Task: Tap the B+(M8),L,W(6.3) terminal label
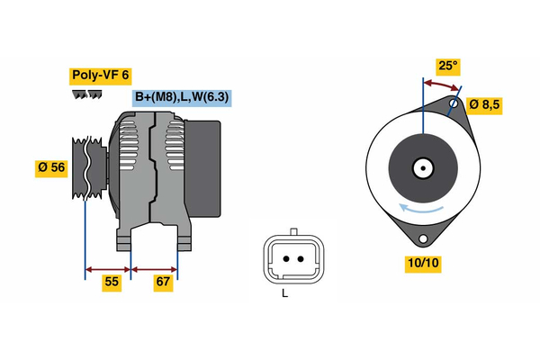tap(182, 97)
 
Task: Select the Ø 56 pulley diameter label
tap(52, 166)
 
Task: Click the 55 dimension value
tap(111, 282)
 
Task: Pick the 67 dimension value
tap(162, 282)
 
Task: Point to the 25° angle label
tap(447, 66)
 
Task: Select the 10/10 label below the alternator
tap(422, 263)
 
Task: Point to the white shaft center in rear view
tap(422, 167)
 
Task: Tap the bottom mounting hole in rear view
tap(422, 238)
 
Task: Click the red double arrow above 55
tap(108, 268)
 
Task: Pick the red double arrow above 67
tap(155, 268)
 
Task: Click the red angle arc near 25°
tap(441, 84)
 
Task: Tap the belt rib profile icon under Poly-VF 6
tap(84, 94)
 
